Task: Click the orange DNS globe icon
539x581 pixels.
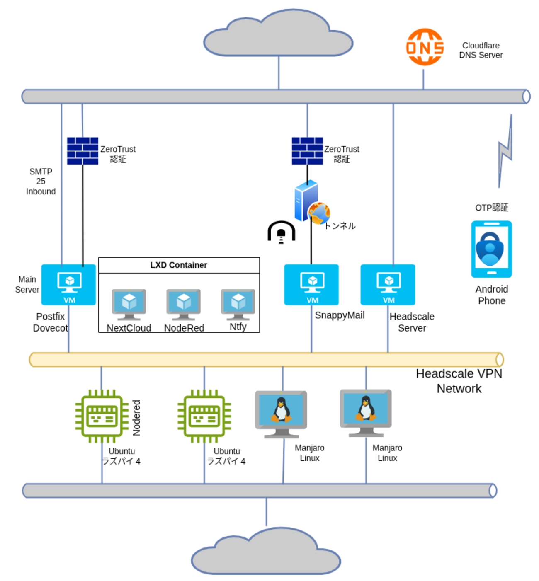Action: point(425,47)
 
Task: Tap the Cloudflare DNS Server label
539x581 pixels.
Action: point(481,50)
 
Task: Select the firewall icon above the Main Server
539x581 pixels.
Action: point(83,151)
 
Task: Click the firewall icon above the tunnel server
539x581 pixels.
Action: point(307,151)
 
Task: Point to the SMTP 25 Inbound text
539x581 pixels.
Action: point(41,182)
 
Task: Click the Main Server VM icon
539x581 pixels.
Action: point(69,285)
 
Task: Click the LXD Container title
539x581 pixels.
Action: point(179,265)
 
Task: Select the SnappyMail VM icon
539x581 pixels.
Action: point(311,285)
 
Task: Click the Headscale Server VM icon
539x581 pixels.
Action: point(388,285)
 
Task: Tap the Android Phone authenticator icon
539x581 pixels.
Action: point(491,249)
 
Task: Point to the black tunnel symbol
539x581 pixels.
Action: point(281,232)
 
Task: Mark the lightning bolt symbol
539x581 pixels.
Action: point(505,152)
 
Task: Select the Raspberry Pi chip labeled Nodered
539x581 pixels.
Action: point(102,416)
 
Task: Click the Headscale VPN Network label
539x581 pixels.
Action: point(459,381)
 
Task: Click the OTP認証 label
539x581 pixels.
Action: point(491,208)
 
